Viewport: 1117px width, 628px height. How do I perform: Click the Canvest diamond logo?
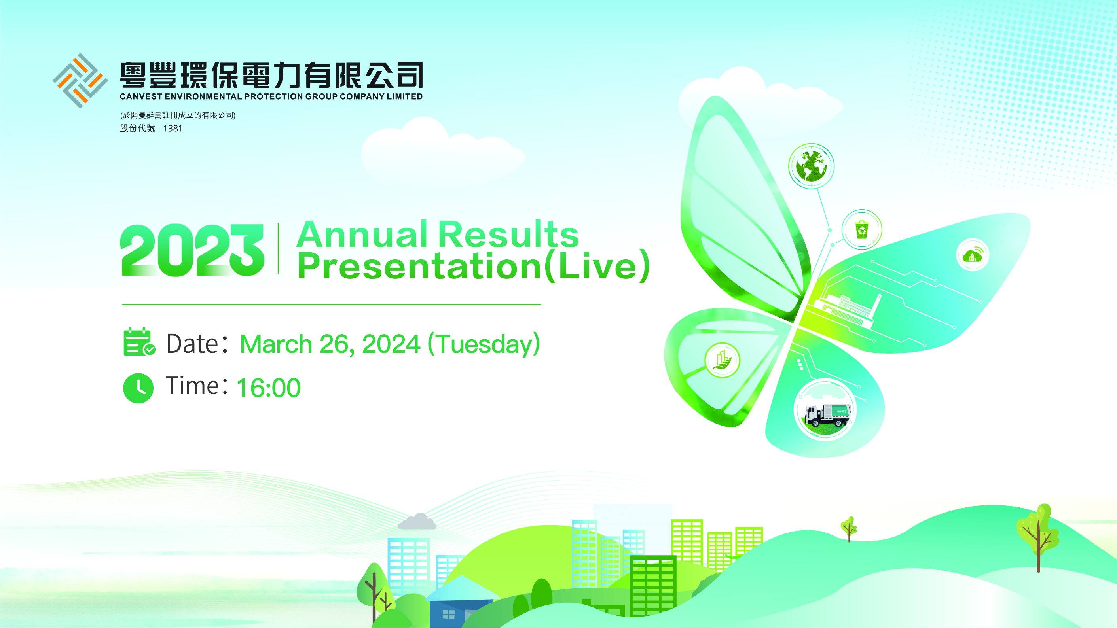click(80, 80)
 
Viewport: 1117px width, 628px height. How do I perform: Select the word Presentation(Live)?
click(474, 266)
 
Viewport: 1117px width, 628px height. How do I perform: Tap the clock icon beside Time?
click(138, 388)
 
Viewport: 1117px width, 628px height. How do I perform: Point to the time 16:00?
click(268, 388)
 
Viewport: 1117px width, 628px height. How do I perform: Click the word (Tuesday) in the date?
click(484, 344)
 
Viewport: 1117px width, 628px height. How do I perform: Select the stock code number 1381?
click(173, 128)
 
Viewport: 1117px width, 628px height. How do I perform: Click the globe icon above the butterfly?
click(811, 166)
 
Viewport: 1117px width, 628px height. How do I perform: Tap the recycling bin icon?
click(862, 229)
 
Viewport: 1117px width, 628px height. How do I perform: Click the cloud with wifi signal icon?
click(973, 254)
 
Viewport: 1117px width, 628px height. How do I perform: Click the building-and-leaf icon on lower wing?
click(722, 360)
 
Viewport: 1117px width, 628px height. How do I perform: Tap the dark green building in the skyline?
click(653, 586)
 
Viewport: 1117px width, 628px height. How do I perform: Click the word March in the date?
click(276, 344)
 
